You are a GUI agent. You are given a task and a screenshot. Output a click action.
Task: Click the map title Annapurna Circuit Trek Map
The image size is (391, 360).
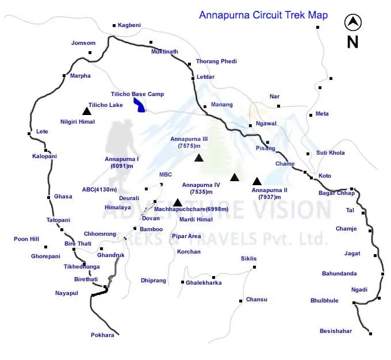[x=263, y=15]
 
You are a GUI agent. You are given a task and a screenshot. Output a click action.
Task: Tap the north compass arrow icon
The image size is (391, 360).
[x=352, y=23]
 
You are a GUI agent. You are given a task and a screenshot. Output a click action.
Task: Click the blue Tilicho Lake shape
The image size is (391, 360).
[x=139, y=104]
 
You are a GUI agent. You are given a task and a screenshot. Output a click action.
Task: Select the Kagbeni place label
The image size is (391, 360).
[x=130, y=25]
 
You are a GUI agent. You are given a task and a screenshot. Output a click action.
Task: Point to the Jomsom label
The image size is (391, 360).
[x=83, y=43]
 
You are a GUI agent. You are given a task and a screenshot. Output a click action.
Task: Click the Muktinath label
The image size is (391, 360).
[x=164, y=51]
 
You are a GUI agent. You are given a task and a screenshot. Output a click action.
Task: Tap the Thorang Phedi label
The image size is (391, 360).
[x=216, y=61]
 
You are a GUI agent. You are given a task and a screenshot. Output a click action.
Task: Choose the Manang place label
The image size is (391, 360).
[x=222, y=105]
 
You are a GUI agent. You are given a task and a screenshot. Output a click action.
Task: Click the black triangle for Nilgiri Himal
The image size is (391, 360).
[x=86, y=111]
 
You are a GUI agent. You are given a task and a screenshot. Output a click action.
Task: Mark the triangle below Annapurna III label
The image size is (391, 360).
[x=199, y=158]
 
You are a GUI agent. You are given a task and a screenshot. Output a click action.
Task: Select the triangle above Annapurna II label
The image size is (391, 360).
[x=257, y=181]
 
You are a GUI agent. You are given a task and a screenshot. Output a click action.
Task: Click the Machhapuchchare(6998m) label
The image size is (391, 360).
[x=191, y=209]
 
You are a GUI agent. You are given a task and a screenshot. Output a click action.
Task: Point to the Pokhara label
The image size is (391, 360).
[x=102, y=335]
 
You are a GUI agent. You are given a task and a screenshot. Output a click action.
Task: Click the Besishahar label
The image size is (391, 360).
[x=336, y=331]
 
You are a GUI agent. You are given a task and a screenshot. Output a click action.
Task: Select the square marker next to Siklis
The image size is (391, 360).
[x=255, y=267]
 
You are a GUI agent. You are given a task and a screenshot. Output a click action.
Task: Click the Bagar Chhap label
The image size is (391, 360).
[x=336, y=193]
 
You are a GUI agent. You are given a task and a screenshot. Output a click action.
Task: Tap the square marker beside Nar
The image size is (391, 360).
[x=278, y=106]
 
